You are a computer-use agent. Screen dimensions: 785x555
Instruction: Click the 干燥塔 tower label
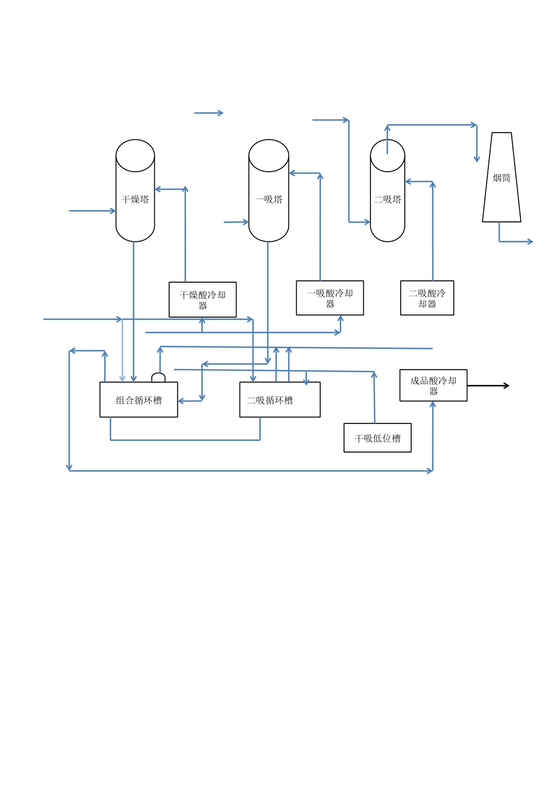tap(135, 200)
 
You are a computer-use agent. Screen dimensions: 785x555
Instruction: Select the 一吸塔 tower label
tap(269, 200)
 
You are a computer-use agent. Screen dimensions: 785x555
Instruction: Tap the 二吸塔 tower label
tap(387, 200)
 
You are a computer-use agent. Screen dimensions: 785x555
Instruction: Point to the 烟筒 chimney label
tap(501, 178)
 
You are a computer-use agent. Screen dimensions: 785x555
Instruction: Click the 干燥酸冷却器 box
tap(203, 300)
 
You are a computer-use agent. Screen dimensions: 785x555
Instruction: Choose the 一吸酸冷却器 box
tap(330, 298)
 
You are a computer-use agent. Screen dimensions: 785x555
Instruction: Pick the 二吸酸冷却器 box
tap(427, 298)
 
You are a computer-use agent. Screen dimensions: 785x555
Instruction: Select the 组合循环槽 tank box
tap(138, 400)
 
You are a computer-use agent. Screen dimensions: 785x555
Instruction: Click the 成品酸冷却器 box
tap(433, 385)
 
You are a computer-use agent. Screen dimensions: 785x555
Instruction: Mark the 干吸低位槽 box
tap(377, 438)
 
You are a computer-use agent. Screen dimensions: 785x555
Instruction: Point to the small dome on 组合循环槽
tap(158, 377)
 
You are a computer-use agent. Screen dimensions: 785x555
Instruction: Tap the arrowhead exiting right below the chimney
tap(530, 241)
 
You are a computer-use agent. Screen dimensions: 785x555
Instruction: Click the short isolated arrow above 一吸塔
tap(209, 113)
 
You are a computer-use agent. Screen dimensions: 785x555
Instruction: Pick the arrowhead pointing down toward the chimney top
tap(477, 159)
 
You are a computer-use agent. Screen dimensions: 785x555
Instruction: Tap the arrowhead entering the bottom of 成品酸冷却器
tap(433, 404)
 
